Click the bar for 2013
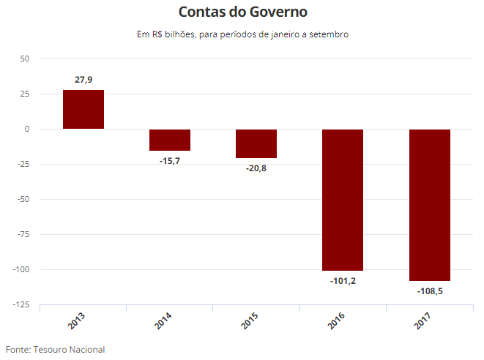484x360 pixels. coord(83,110)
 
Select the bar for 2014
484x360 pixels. coord(170,140)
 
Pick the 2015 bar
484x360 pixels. coord(256,143)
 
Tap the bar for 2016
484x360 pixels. coord(343,200)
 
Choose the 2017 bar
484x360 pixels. coord(429,205)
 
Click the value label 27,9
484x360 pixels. coord(83,80)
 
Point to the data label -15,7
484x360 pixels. coord(170,160)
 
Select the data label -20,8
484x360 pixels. coord(256,168)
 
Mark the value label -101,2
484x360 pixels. coord(343,280)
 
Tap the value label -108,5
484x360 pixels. coord(429,290)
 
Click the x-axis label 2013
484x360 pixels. coord(76,320)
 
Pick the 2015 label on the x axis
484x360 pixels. coord(249,320)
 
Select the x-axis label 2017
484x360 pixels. coord(422,320)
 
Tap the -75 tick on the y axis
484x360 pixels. coord(22,234)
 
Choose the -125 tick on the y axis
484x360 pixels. coord(20,304)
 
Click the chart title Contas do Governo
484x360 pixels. coord(242,12)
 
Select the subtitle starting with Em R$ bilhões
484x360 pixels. coord(242,34)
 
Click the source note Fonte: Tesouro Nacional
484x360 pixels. coord(56,349)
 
